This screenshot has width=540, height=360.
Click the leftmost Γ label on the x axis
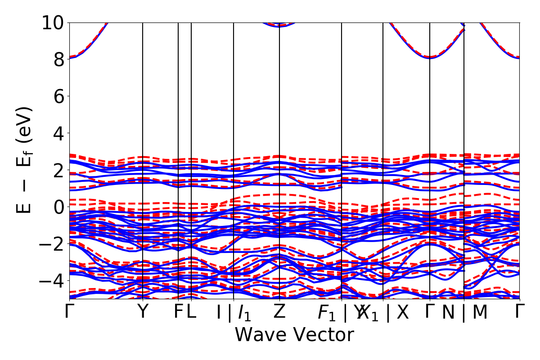[x=69, y=312]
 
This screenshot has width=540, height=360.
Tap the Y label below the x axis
[x=143, y=312]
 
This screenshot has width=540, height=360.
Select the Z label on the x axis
[x=279, y=312]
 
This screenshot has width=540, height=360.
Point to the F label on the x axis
[x=179, y=312]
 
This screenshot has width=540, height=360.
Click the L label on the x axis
[x=192, y=312]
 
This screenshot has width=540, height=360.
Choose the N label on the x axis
[x=448, y=313]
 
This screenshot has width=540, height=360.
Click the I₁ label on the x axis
[x=244, y=313]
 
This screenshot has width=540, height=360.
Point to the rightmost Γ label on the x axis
[x=520, y=312]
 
